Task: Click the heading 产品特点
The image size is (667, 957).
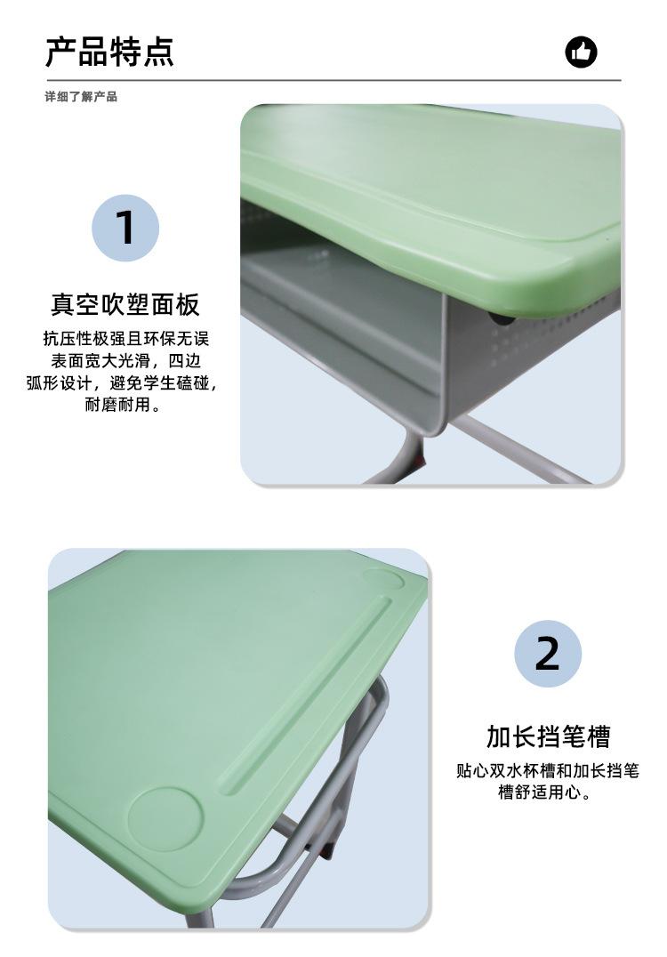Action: [109, 52]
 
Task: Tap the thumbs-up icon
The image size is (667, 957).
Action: [582, 52]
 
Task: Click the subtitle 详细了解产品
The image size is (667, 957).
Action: [81, 96]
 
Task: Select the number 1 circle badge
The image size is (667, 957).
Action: [125, 228]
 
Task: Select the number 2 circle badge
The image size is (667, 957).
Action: [548, 654]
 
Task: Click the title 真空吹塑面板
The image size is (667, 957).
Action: [125, 305]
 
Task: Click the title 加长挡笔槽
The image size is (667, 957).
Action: [548, 736]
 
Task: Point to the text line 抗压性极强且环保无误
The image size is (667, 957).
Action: [125, 339]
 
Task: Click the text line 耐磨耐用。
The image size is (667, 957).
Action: [125, 406]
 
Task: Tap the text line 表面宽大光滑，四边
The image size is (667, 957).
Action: [125, 361]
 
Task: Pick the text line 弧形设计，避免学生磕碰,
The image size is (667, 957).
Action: [122, 383]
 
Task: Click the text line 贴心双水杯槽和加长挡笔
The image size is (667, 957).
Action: [548, 770]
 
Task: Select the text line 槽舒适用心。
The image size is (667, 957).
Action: [545, 792]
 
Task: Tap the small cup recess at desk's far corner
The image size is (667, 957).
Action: [383, 581]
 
